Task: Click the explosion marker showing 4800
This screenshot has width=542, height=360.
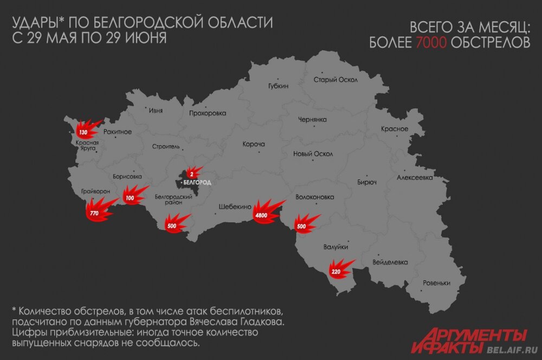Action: (x=262, y=216)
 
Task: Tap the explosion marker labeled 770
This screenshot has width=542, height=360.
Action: (x=94, y=213)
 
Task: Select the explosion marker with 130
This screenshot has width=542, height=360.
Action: (x=83, y=132)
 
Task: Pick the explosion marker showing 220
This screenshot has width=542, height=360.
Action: (x=336, y=271)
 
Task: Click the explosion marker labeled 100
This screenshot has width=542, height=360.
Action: (x=130, y=198)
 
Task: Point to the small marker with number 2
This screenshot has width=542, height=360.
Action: (x=191, y=173)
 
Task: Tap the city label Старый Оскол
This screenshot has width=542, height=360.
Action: (x=335, y=80)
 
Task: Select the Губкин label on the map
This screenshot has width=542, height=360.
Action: (x=278, y=86)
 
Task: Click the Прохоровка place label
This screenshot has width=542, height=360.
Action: (x=208, y=113)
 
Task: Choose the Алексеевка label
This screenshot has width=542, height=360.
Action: (x=414, y=177)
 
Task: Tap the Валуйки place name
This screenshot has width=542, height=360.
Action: (x=334, y=247)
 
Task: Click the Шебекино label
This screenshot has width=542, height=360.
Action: (x=234, y=207)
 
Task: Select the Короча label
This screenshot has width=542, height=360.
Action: (x=254, y=144)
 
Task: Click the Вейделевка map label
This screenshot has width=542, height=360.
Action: (x=390, y=262)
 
